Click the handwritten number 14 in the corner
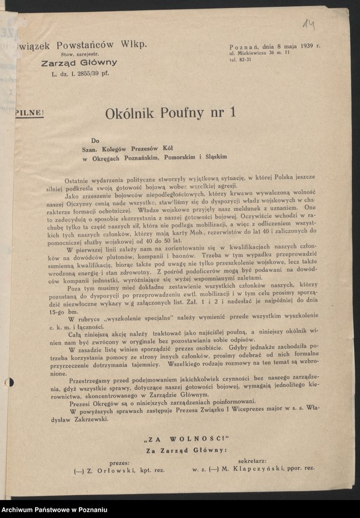pyautogui.click(x=309, y=25)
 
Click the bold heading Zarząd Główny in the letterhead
pyautogui.click(x=79, y=63)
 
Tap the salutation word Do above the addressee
pyautogui.click(x=94, y=140)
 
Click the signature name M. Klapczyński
pyautogui.click(x=259, y=470)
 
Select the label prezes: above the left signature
pyautogui.click(x=119, y=461)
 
